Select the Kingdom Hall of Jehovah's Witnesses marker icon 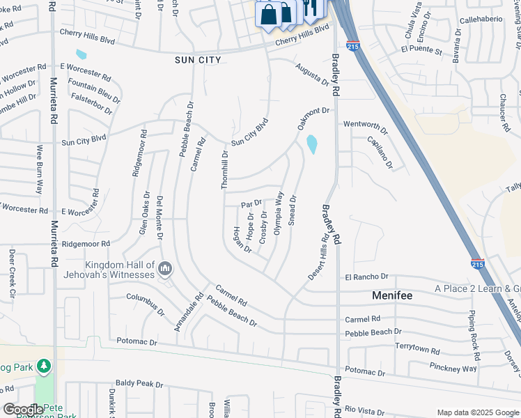pos(165,268)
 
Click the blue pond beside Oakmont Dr pos(311,144)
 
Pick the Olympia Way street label pos(279,212)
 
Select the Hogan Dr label pos(242,239)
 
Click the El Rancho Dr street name pos(366,277)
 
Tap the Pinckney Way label pos(453,367)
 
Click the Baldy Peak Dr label pos(139,384)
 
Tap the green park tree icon pos(44,366)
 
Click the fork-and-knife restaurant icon pos(311,8)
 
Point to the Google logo pos(23,410)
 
